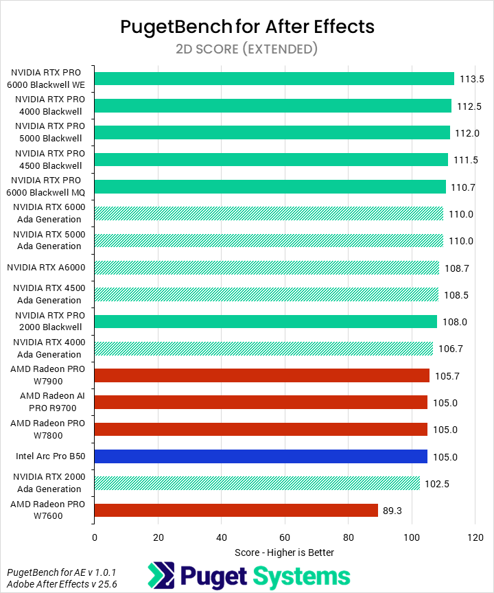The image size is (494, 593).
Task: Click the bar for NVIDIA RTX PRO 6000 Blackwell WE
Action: click(274, 79)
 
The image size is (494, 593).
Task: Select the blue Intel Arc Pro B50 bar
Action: click(261, 456)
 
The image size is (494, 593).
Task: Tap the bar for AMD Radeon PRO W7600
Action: click(236, 510)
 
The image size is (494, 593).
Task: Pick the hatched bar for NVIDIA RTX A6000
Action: click(266, 268)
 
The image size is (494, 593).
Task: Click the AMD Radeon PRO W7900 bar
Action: click(261, 375)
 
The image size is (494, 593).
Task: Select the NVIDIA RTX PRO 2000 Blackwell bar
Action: click(266, 321)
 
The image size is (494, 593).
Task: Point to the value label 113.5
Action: click(472, 79)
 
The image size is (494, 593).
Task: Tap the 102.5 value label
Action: click(437, 483)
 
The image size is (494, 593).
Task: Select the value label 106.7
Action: click(451, 349)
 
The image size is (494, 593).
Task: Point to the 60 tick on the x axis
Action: click(285, 537)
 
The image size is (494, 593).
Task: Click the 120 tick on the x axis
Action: click(475, 537)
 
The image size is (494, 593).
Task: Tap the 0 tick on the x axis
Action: click(95, 537)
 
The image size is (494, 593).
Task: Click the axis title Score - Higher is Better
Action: click(284, 553)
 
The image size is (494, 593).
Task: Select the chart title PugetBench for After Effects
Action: click(247, 27)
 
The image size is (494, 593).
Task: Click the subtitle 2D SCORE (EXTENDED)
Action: click(247, 49)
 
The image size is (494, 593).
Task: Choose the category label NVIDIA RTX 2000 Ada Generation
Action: click(48, 483)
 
